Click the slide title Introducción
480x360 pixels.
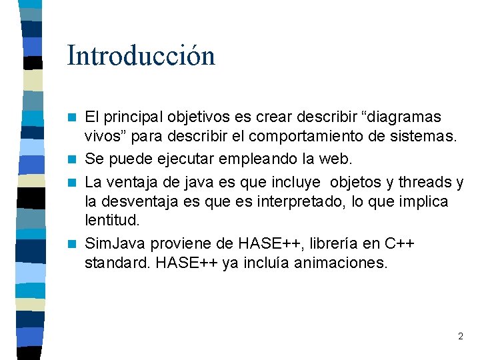point(141,56)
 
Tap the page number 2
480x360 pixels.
point(460,336)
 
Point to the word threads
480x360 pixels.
point(423,182)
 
